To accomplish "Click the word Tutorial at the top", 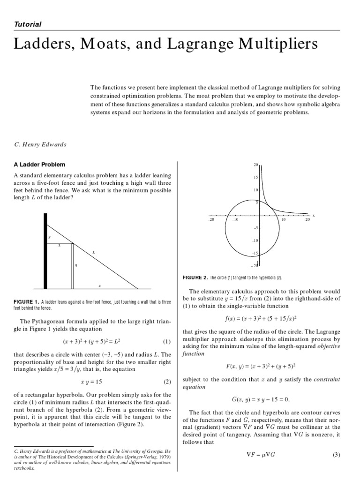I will click(28, 24).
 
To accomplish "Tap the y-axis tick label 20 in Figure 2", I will click(256, 165).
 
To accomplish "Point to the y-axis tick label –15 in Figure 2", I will click(255, 253).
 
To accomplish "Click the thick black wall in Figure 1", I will click(45, 251).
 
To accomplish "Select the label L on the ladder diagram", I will click(94, 253).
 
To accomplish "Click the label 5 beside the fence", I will click(76, 266).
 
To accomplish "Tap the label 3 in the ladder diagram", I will click(59, 246).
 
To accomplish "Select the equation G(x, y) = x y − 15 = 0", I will click(261, 399).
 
